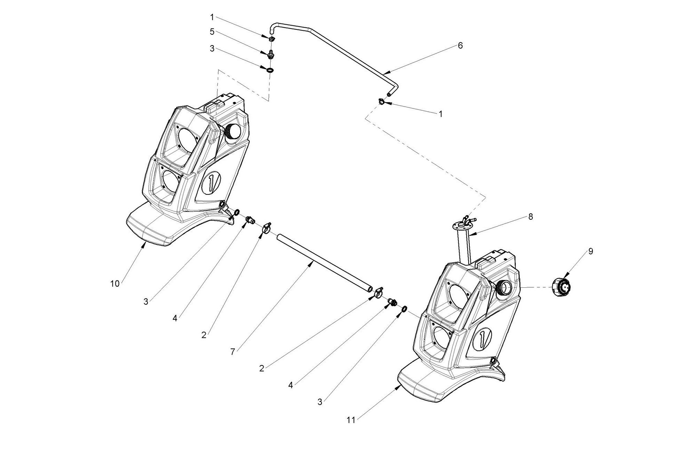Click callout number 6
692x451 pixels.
[x=460, y=45]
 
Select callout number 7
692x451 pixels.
[x=233, y=352]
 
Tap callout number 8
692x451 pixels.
[x=530, y=217]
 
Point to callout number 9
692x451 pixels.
[x=590, y=251]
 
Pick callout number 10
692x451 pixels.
[x=115, y=284]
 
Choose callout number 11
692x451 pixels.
[x=351, y=420]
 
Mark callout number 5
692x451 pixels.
[x=212, y=32]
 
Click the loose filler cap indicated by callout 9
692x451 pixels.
[x=561, y=287]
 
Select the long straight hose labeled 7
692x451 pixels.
[x=324, y=262]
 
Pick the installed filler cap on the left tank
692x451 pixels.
[x=232, y=132]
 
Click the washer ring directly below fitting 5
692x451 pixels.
[x=270, y=70]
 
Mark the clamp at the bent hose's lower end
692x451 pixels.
[x=382, y=102]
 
